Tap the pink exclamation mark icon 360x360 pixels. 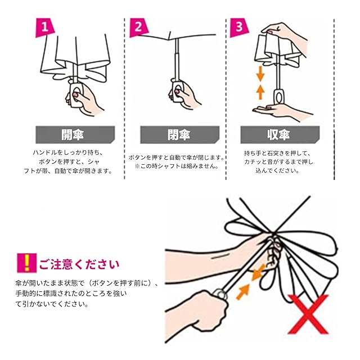(25, 263)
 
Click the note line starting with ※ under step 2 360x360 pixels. (176, 166)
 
